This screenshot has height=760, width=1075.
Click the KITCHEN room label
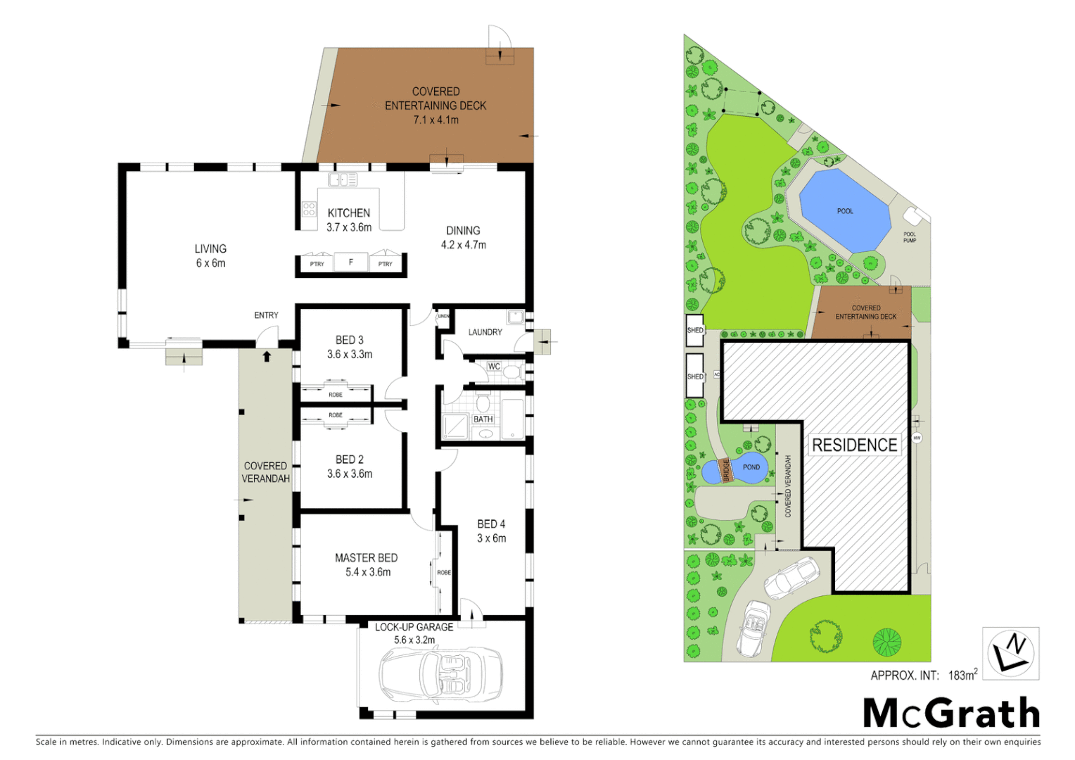(x=349, y=213)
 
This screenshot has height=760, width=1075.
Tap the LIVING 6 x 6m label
(x=210, y=255)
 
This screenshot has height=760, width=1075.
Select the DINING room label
(x=463, y=231)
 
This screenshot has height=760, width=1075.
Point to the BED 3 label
(x=350, y=340)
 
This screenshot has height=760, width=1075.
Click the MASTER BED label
(x=367, y=558)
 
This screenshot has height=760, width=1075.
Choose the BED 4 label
(x=491, y=524)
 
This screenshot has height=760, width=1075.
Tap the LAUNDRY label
(x=485, y=332)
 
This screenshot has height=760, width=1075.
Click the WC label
(x=494, y=367)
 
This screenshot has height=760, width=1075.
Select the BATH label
(x=483, y=419)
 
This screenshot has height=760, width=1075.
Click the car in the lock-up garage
(x=440, y=675)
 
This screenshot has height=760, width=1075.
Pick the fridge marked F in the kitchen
(x=351, y=262)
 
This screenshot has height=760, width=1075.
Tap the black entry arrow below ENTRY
(x=267, y=357)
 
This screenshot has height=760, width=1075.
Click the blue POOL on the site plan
(x=845, y=210)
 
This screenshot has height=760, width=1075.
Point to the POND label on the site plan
(x=751, y=467)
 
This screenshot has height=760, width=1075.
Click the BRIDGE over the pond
(x=727, y=470)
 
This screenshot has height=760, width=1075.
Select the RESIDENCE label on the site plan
(x=854, y=445)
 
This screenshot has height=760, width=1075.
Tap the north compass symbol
(x=1010, y=654)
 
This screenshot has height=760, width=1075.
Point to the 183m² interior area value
(x=962, y=675)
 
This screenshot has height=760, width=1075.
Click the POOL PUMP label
(x=910, y=237)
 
